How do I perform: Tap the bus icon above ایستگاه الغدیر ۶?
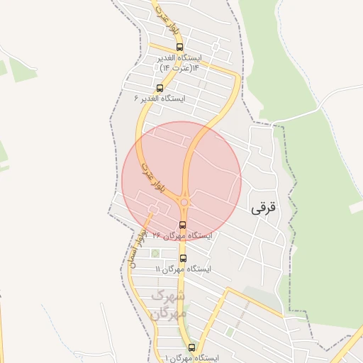pyautogui.click(x=159, y=89)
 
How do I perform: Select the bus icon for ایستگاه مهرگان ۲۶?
pyautogui.click(x=183, y=225)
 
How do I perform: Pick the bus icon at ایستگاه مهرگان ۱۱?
pyautogui.click(x=183, y=258)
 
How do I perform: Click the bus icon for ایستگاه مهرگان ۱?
pyautogui.click(x=191, y=347)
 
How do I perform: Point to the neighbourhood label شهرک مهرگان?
pyautogui.click(x=169, y=303)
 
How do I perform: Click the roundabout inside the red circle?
pyautogui.click(x=184, y=203)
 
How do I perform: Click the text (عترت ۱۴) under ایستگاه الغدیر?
pyautogui.click(x=180, y=67)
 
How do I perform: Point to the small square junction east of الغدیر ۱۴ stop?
pyautogui.click(x=216, y=48)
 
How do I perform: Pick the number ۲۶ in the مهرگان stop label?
pyautogui.click(x=157, y=235)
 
